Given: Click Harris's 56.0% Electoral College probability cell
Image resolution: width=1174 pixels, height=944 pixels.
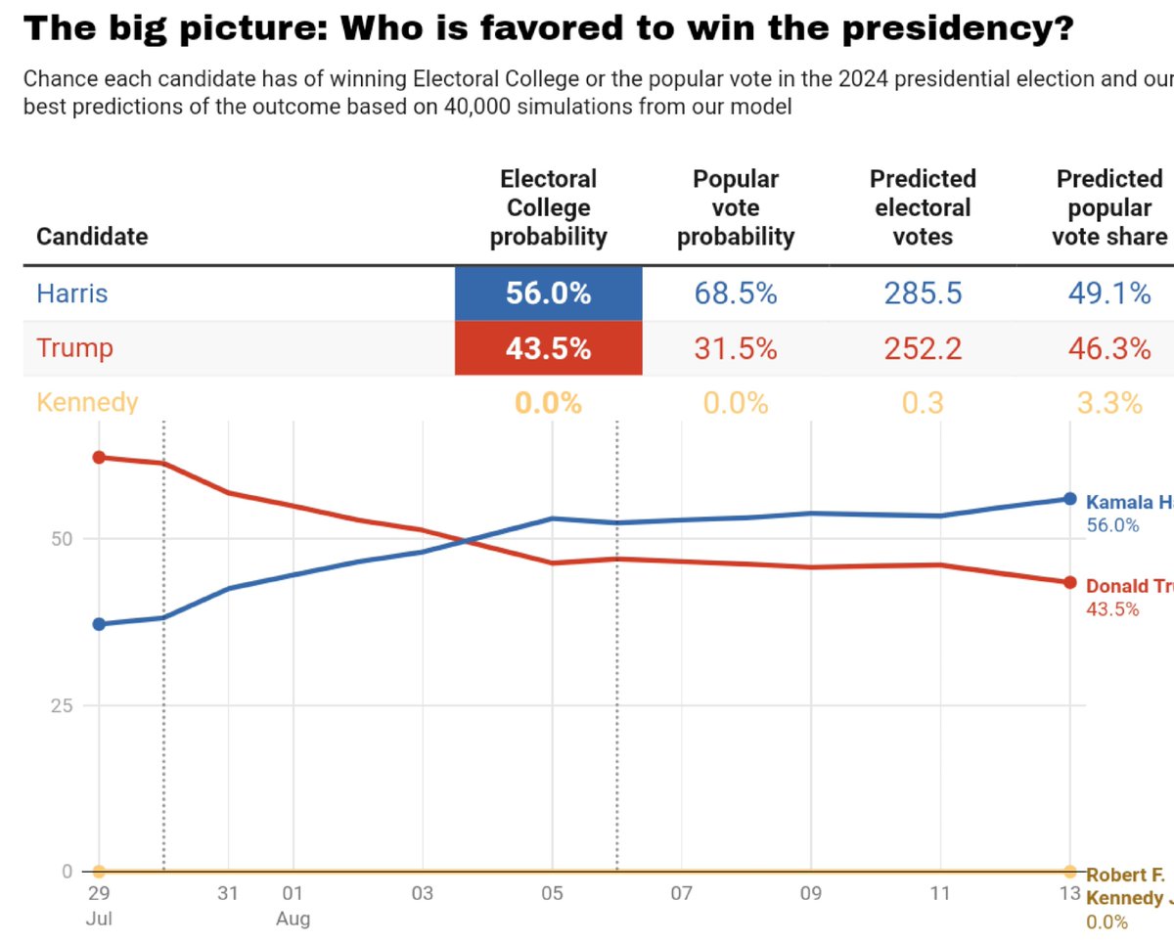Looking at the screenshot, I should pyautogui.click(x=548, y=292).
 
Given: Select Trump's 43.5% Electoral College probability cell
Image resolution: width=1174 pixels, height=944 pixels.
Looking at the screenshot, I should pyautogui.click(x=548, y=348).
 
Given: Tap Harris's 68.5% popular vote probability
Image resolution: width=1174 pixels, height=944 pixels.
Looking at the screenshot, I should pyautogui.click(x=735, y=292).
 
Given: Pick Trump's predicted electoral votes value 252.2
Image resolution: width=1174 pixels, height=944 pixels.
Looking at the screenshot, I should pyautogui.click(x=922, y=348).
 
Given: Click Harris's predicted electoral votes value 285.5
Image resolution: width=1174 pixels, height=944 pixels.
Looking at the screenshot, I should pyautogui.click(x=922, y=292).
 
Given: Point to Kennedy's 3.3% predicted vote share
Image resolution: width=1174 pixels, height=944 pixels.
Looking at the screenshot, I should pyautogui.click(x=1108, y=402).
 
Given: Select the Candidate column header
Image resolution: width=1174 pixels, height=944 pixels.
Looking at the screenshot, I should pyautogui.click(x=92, y=237).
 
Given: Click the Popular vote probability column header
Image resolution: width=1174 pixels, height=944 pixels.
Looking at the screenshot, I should pyautogui.click(x=735, y=207).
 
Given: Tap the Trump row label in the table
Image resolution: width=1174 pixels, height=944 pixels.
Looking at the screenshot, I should pyautogui.click(x=74, y=348).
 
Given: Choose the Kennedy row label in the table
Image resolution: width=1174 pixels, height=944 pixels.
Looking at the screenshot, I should pyautogui.click(x=87, y=402).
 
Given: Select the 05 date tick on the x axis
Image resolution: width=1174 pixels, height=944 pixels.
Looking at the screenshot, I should pyautogui.click(x=552, y=893).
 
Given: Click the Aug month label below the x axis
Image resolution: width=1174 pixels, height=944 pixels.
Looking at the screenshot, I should pyautogui.click(x=293, y=919).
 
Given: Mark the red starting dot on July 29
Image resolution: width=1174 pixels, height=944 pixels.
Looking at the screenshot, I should pyautogui.click(x=99, y=457).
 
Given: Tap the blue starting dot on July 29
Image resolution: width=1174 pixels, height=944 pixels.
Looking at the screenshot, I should pyautogui.click(x=99, y=624).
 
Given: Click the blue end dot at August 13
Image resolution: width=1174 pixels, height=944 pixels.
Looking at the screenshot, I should pyautogui.click(x=1069, y=499).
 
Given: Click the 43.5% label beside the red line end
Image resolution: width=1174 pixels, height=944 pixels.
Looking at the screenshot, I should pyautogui.click(x=1112, y=608).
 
